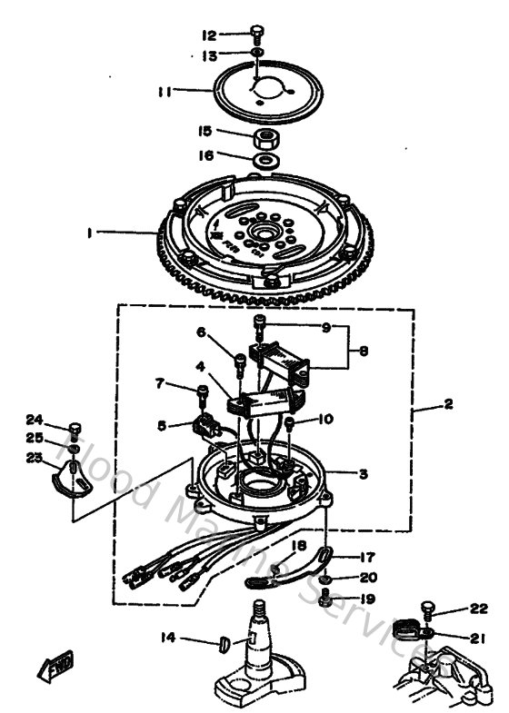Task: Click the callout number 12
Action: tap(208, 35)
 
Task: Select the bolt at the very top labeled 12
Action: tap(257, 35)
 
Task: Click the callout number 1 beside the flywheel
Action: tap(90, 233)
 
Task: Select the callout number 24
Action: tap(35, 419)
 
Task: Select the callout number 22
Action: tap(479, 609)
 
